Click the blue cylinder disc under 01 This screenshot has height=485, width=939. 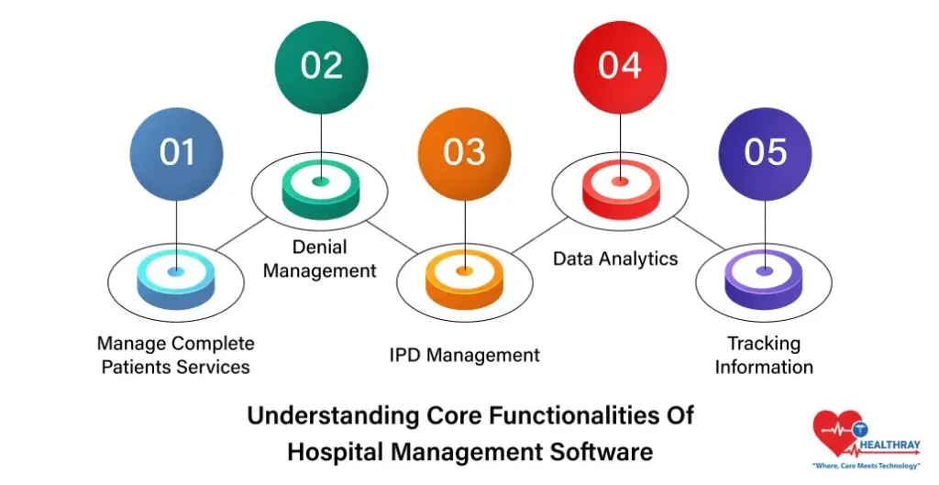pyautogui.click(x=176, y=280)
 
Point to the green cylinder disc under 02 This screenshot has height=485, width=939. pyautogui.click(x=320, y=189)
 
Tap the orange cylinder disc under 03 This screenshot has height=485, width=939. pyautogui.click(x=464, y=279)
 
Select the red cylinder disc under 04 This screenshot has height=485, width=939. pyautogui.click(x=620, y=189)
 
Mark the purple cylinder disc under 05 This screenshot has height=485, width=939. pyautogui.click(x=764, y=279)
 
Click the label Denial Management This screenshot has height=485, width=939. pyautogui.click(x=320, y=259)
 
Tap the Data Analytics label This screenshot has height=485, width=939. pyautogui.click(x=615, y=259)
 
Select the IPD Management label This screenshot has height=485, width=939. pyautogui.click(x=464, y=355)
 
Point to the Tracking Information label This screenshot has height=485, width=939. pyautogui.click(x=764, y=355)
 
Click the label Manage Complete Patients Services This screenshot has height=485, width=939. pyautogui.click(x=175, y=355)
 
